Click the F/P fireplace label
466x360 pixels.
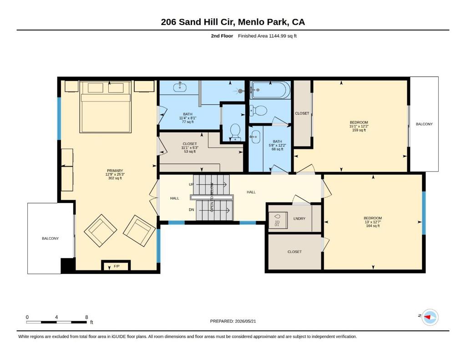click(116, 266)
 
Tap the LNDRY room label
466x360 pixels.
click(299, 218)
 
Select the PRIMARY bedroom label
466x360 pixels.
click(115, 171)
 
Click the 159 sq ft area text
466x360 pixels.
click(359, 130)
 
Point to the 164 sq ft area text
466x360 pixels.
click(373, 226)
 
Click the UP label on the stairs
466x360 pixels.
click(192, 184)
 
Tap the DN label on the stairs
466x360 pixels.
click(192, 209)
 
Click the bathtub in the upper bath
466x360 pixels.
click(270, 90)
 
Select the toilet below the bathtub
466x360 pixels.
click(258, 111)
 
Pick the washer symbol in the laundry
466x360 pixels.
click(278, 220)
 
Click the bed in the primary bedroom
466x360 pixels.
click(106, 106)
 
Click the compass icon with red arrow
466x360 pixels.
click(430, 317)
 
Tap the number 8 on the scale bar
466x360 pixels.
click(86, 317)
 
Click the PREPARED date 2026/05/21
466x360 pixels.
click(245, 321)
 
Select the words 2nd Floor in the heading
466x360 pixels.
click(222, 36)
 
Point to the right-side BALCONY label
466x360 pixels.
click(424, 124)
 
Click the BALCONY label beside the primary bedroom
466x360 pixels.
click(50, 238)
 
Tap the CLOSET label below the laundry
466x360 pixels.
click(294, 252)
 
